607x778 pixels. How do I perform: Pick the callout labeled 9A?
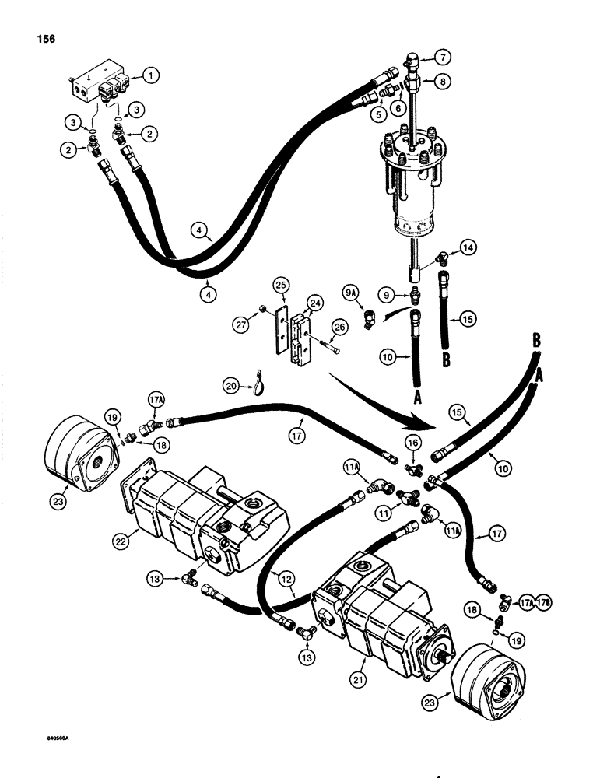352,294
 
